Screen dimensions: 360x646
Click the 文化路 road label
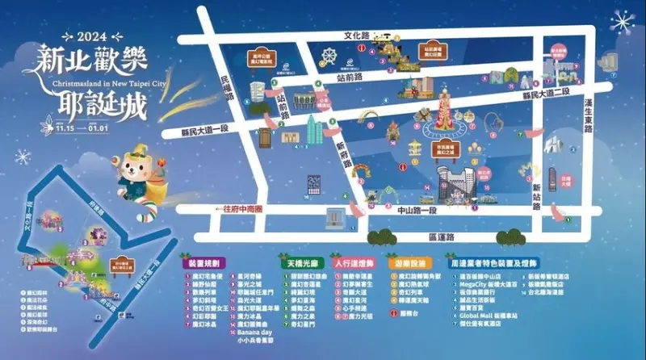click(x=356, y=36)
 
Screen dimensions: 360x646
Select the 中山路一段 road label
click(x=417, y=211)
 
